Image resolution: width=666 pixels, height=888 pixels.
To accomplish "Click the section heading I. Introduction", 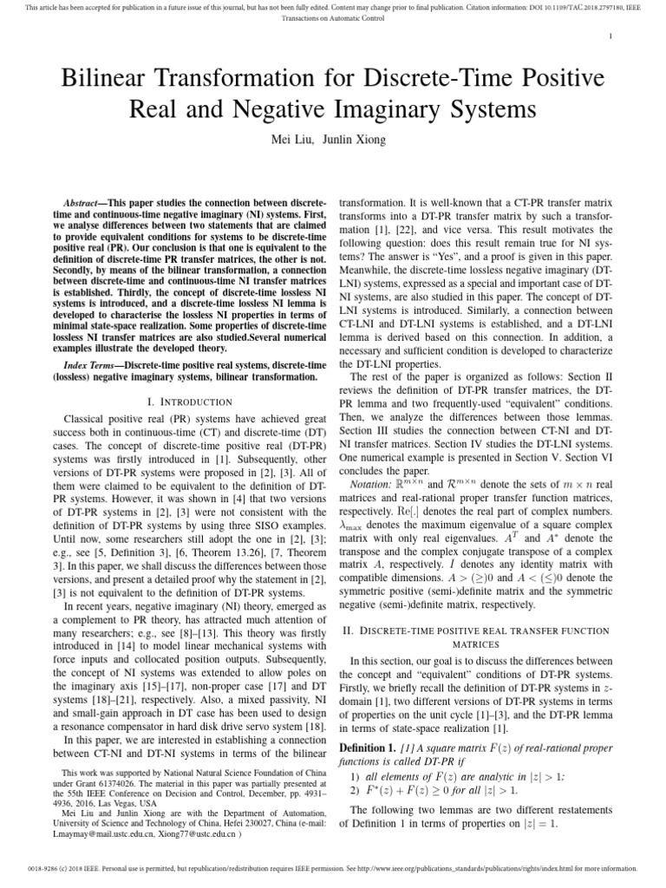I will [190, 402].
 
